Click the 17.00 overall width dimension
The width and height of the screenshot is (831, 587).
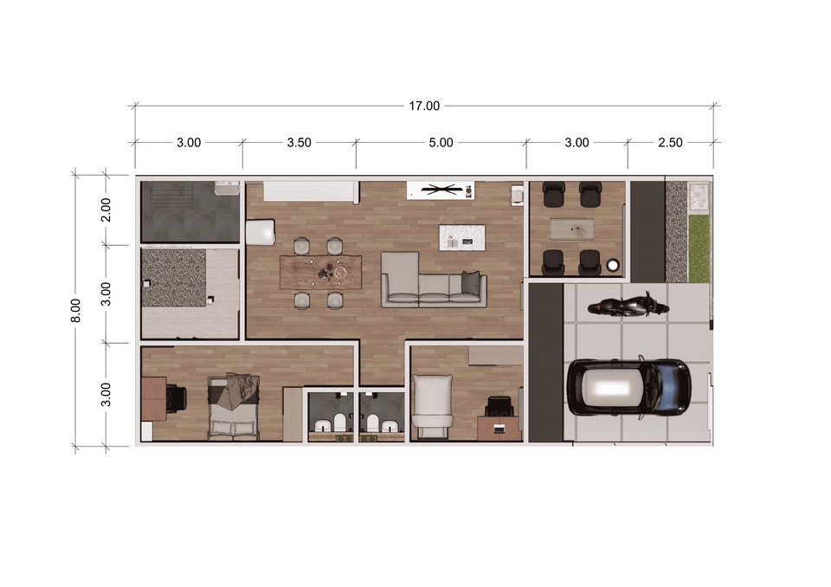[x=424, y=106]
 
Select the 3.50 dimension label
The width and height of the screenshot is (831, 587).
[x=299, y=143]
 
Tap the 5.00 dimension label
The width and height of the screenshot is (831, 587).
[x=441, y=143]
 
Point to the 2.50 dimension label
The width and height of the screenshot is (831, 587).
[x=670, y=143]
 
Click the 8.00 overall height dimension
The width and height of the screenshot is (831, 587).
[x=76, y=310]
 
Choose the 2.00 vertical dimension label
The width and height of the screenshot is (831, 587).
[x=106, y=210]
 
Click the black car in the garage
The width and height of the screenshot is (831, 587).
[x=628, y=388]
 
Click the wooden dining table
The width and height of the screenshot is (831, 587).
[x=321, y=273]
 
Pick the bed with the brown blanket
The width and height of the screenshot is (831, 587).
[x=234, y=407]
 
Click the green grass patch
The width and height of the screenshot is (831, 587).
[x=699, y=248]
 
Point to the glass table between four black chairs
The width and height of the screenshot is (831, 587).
[x=571, y=229]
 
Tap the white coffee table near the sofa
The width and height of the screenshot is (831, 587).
[x=462, y=238]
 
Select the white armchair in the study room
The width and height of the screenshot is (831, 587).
[x=433, y=407]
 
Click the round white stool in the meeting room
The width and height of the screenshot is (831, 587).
[x=613, y=265]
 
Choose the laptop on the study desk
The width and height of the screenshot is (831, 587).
[x=499, y=428]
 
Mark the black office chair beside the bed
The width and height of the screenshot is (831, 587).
[x=177, y=397]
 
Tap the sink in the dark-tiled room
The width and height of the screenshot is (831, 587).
[x=226, y=187]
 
